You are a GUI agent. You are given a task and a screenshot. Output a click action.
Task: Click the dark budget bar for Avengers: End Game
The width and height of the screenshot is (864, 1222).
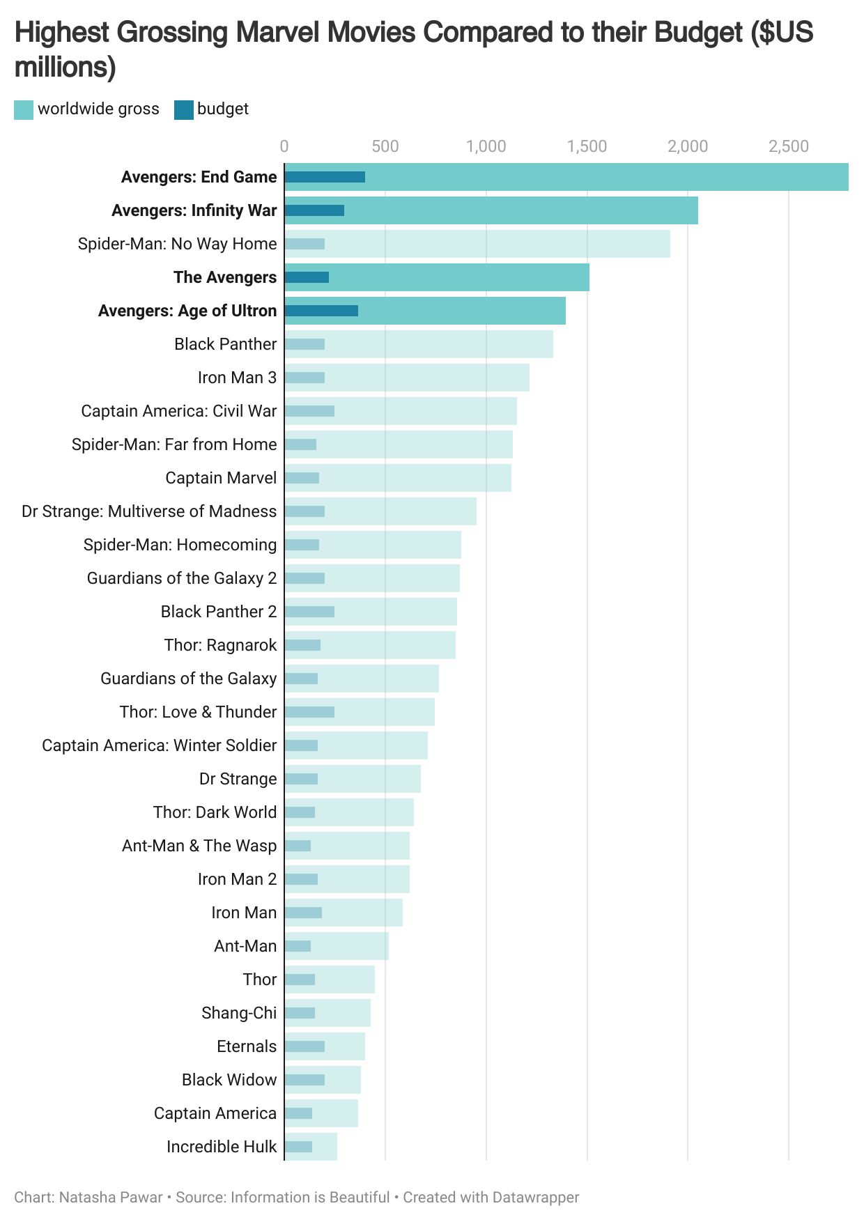coord(325,177)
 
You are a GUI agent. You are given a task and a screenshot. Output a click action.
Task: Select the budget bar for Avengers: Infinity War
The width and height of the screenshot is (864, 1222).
coord(314,210)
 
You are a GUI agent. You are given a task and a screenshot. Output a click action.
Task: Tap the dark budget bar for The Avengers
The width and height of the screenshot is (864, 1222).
coord(307,277)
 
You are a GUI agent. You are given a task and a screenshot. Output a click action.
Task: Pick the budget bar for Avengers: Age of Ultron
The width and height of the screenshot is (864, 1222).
coord(321,311)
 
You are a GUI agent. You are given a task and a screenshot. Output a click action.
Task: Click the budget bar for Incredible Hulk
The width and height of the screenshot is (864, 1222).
coord(298,1147)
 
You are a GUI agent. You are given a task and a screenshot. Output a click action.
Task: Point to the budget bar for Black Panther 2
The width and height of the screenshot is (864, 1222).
coord(309,612)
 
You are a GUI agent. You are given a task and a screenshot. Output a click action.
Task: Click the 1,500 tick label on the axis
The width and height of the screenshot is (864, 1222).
coord(587,146)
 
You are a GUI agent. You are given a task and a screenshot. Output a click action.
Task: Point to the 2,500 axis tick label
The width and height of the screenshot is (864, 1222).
coord(789,146)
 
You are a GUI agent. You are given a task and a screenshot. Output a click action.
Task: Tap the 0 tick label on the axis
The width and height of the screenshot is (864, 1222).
coord(284,146)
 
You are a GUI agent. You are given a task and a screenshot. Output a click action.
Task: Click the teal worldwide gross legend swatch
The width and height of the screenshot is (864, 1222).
coord(24,110)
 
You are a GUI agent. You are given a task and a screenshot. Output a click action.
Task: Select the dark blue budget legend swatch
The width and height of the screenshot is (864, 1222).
coord(183,110)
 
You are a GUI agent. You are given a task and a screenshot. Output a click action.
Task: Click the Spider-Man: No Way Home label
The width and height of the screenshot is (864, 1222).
coord(177,244)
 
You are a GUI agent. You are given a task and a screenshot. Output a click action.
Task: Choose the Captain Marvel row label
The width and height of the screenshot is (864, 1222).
coord(221,478)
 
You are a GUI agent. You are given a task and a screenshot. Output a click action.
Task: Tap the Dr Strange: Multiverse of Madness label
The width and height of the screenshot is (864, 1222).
coord(149,511)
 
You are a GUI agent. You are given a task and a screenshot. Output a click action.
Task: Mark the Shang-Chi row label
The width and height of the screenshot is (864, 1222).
coord(239,1013)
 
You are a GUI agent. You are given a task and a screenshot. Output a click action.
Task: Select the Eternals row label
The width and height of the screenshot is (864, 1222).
coord(247,1046)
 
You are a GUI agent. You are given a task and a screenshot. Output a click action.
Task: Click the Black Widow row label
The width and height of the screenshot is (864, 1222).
coord(229,1080)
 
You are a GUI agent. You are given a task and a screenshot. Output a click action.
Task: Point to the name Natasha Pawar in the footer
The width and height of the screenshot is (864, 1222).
coord(111,1198)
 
